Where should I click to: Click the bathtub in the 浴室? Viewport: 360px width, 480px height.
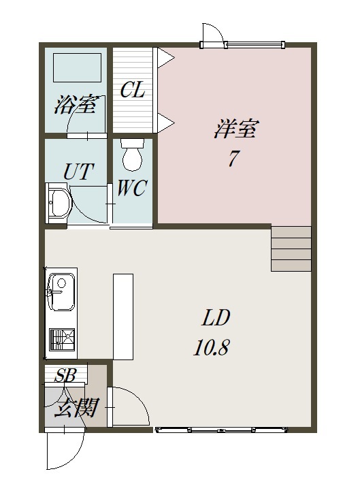(x=77, y=67)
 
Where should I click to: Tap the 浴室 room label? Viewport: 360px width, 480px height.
(x=76, y=105)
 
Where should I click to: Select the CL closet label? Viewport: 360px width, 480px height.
(x=132, y=90)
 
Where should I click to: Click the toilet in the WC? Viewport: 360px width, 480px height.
(x=133, y=154)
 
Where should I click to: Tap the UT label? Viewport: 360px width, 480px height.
(x=78, y=172)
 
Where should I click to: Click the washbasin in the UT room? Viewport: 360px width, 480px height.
(x=59, y=204)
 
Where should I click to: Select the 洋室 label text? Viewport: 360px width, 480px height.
(x=236, y=129)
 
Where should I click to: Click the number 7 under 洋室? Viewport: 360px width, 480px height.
(x=233, y=159)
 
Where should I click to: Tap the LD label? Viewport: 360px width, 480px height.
(x=216, y=317)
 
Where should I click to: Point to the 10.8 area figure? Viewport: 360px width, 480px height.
(x=212, y=347)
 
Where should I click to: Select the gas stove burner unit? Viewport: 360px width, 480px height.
(x=62, y=340)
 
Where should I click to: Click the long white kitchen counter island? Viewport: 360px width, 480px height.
(x=123, y=317)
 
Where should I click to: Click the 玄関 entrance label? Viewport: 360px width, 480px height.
(x=76, y=408)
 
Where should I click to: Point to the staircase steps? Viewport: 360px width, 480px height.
(x=291, y=249)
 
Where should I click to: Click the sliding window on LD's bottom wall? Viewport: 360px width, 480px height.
(x=222, y=430)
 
